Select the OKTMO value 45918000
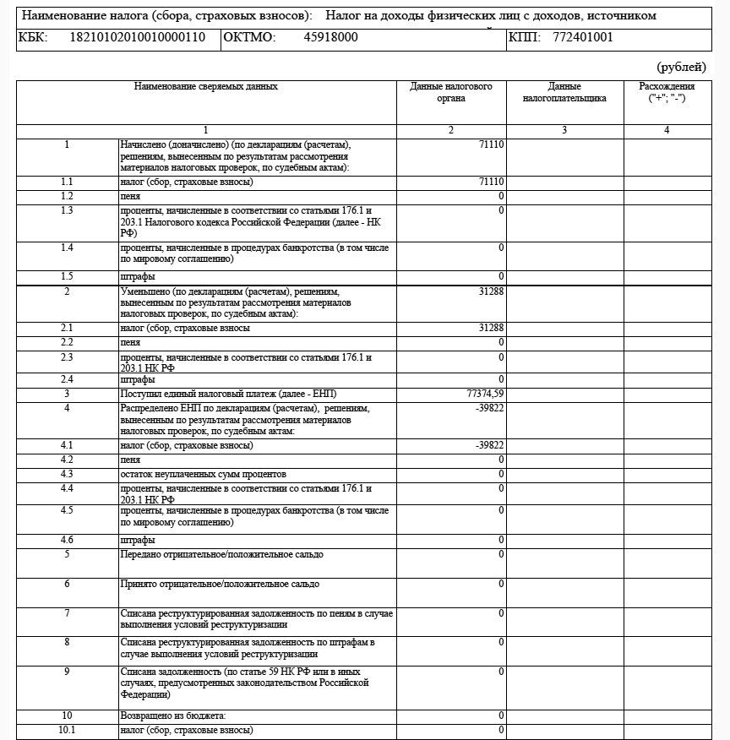pyautogui.click(x=330, y=38)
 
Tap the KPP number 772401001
pyautogui.click(x=583, y=38)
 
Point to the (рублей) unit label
pyautogui.click(x=681, y=67)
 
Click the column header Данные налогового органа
pyautogui.click(x=451, y=92)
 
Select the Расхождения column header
pyautogui.click(x=667, y=92)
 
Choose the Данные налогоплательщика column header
pyautogui.click(x=564, y=92)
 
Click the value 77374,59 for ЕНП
pyautogui.click(x=486, y=394)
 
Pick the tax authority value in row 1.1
pyautogui.click(x=491, y=182)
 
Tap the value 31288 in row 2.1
pyautogui.click(x=491, y=328)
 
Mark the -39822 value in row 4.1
pyautogui.click(x=489, y=445)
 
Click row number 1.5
pyautogui.click(x=67, y=276)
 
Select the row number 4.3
pyautogui.click(x=67, y=474)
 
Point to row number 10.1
pyautogui.click(x=67, y=730)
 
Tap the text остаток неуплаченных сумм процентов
pyautogui.click(x=204, y=474)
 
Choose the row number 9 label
pyautogui.click(x=67, y=672)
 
